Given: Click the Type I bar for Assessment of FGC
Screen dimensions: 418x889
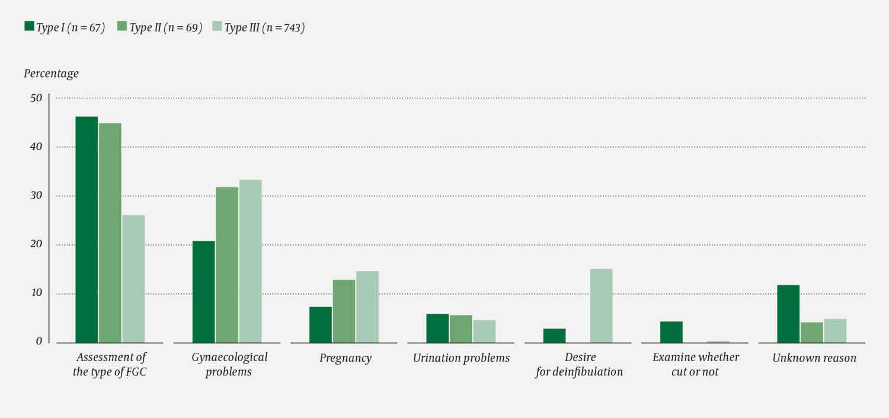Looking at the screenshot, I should click(87, 229).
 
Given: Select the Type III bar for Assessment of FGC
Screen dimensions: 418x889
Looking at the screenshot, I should click(133, 279).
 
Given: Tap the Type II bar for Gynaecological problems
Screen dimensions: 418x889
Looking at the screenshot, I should click(227, 265).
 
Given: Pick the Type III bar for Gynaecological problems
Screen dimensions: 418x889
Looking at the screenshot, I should click(250, 261).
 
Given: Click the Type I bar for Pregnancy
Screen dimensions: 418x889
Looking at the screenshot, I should click(321, 324).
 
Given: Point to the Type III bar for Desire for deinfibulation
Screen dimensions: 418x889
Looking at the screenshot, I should click(601, 306).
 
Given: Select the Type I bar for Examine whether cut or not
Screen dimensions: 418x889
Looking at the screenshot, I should click(671, 332).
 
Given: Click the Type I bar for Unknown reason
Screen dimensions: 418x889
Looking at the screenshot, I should click(788, 314).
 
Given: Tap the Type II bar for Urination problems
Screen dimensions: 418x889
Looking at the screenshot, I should click(461, 328).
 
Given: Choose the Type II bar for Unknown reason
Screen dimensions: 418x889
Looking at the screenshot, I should click(811, 332).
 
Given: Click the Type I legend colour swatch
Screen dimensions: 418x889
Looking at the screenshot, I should click(29, 26).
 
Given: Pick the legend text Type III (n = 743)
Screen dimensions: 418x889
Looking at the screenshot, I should click(264, 27).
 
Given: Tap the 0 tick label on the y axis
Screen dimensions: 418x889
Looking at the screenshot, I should click(39, 342).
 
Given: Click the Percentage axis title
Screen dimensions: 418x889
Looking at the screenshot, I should click(51, 74).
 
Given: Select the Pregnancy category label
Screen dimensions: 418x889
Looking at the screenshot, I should click(346, 358).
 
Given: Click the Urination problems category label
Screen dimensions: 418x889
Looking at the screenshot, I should click(461, 358).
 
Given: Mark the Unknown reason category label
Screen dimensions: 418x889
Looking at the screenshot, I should click(814, 358).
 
